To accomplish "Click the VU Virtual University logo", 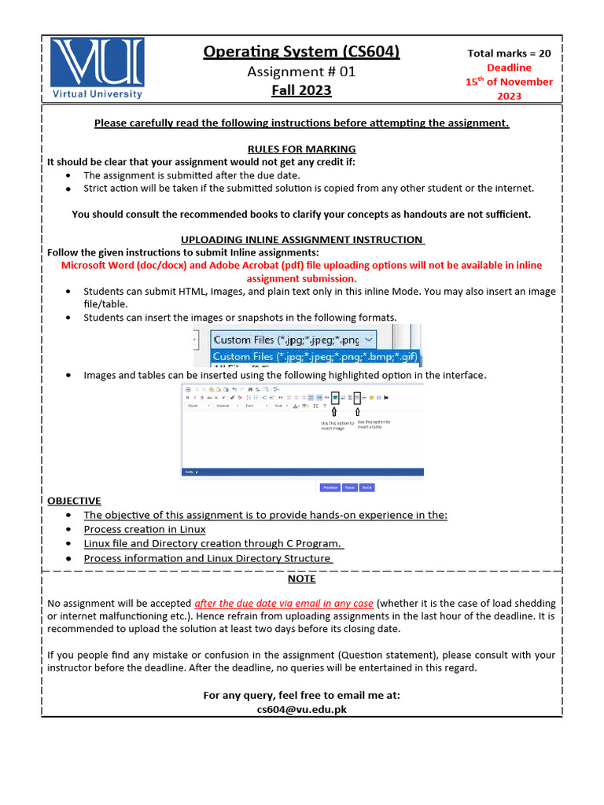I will click(98, 68).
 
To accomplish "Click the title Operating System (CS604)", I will click(301, 52).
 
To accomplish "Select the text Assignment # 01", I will click(301, 72).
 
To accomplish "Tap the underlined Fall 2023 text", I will click(301, 90).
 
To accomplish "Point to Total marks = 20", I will click(509, 53).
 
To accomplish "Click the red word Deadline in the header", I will click(509, 68).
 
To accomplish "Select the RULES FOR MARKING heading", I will click(301, 149).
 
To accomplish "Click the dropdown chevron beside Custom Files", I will click(370, 340).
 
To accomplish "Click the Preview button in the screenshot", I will click(330, 487).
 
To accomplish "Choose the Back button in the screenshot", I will click(366, 487).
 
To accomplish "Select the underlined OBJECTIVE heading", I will click(74, 500).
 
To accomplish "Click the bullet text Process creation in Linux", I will click(145, 529).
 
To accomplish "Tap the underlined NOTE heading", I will click(301, 578).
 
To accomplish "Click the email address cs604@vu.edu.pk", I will click(301, 708).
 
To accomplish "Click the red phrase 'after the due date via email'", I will click(259, 603).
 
